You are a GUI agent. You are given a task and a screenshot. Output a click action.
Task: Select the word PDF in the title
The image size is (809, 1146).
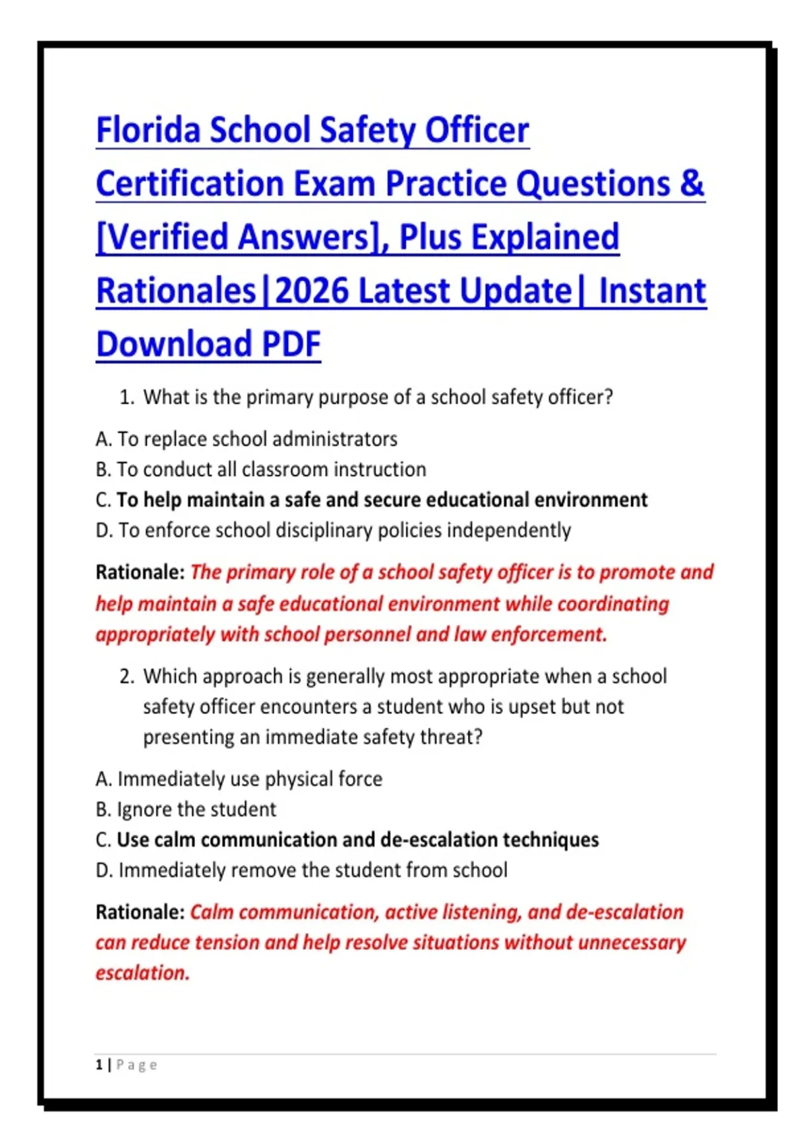[291, 344]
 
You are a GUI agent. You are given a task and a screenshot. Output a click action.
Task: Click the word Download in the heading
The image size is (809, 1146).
[174, 344]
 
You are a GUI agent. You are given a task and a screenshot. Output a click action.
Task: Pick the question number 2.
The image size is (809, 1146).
[126, 677]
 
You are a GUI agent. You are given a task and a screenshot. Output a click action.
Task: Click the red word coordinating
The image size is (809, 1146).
[613, 604]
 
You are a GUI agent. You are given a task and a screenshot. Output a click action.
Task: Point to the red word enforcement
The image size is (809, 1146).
[549, 635]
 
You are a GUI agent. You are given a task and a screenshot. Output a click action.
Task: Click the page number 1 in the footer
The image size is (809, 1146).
[99, 1065]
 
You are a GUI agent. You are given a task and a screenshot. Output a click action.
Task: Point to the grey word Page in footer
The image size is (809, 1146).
[137, 1066]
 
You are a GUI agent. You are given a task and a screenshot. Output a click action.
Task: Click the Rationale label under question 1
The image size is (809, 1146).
[140, 572]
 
